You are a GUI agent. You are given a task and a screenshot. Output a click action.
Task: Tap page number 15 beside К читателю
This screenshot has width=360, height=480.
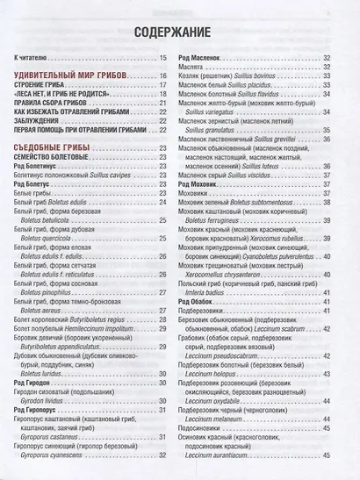point(163,59)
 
